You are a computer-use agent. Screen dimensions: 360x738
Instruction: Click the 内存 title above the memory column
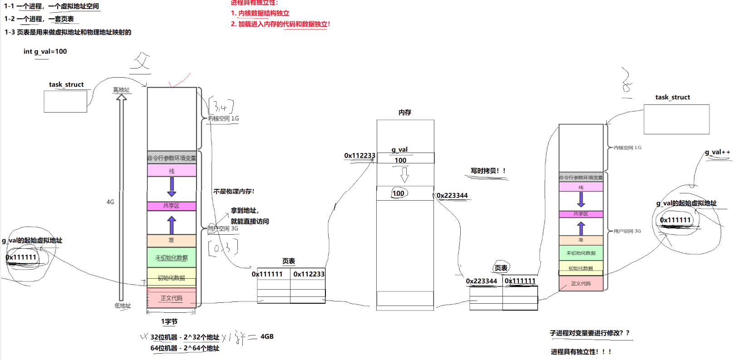click(x=404, y=112)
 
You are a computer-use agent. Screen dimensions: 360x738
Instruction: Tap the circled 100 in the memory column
click(x=399, y=193)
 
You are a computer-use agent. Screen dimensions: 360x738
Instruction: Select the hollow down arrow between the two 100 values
click(x=404, y=175)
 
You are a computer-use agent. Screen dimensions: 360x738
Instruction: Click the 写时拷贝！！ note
click(x=488, y=171)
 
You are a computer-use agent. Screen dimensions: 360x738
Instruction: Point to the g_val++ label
click(x=717, y=152)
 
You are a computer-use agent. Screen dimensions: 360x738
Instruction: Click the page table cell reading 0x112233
click(x=309, y=274)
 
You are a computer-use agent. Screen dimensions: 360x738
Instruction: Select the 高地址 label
click(x=121, y=90)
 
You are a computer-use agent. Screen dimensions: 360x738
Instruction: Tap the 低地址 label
click(x=123, y=306)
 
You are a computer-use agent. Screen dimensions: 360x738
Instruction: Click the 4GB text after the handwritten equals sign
click(x=267, y=336)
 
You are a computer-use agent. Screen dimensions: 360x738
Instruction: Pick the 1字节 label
click(x=169, y=321)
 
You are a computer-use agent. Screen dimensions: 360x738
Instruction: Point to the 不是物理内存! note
click(x=234, y=191)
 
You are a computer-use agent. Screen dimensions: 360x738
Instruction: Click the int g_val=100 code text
click(x=45, y=51)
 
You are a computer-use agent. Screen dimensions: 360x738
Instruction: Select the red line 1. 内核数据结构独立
click(x=260, y=13)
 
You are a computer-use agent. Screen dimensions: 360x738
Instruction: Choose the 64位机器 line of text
click(x=185, y=348)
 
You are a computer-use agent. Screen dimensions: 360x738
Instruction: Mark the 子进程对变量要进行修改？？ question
click(x=590, y=333)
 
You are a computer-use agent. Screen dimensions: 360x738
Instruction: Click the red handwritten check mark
click(x=179, y=80)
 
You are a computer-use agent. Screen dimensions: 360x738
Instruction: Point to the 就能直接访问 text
click(x=250, y=221)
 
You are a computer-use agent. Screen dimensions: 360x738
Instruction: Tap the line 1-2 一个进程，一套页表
click(x=39, y=19)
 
